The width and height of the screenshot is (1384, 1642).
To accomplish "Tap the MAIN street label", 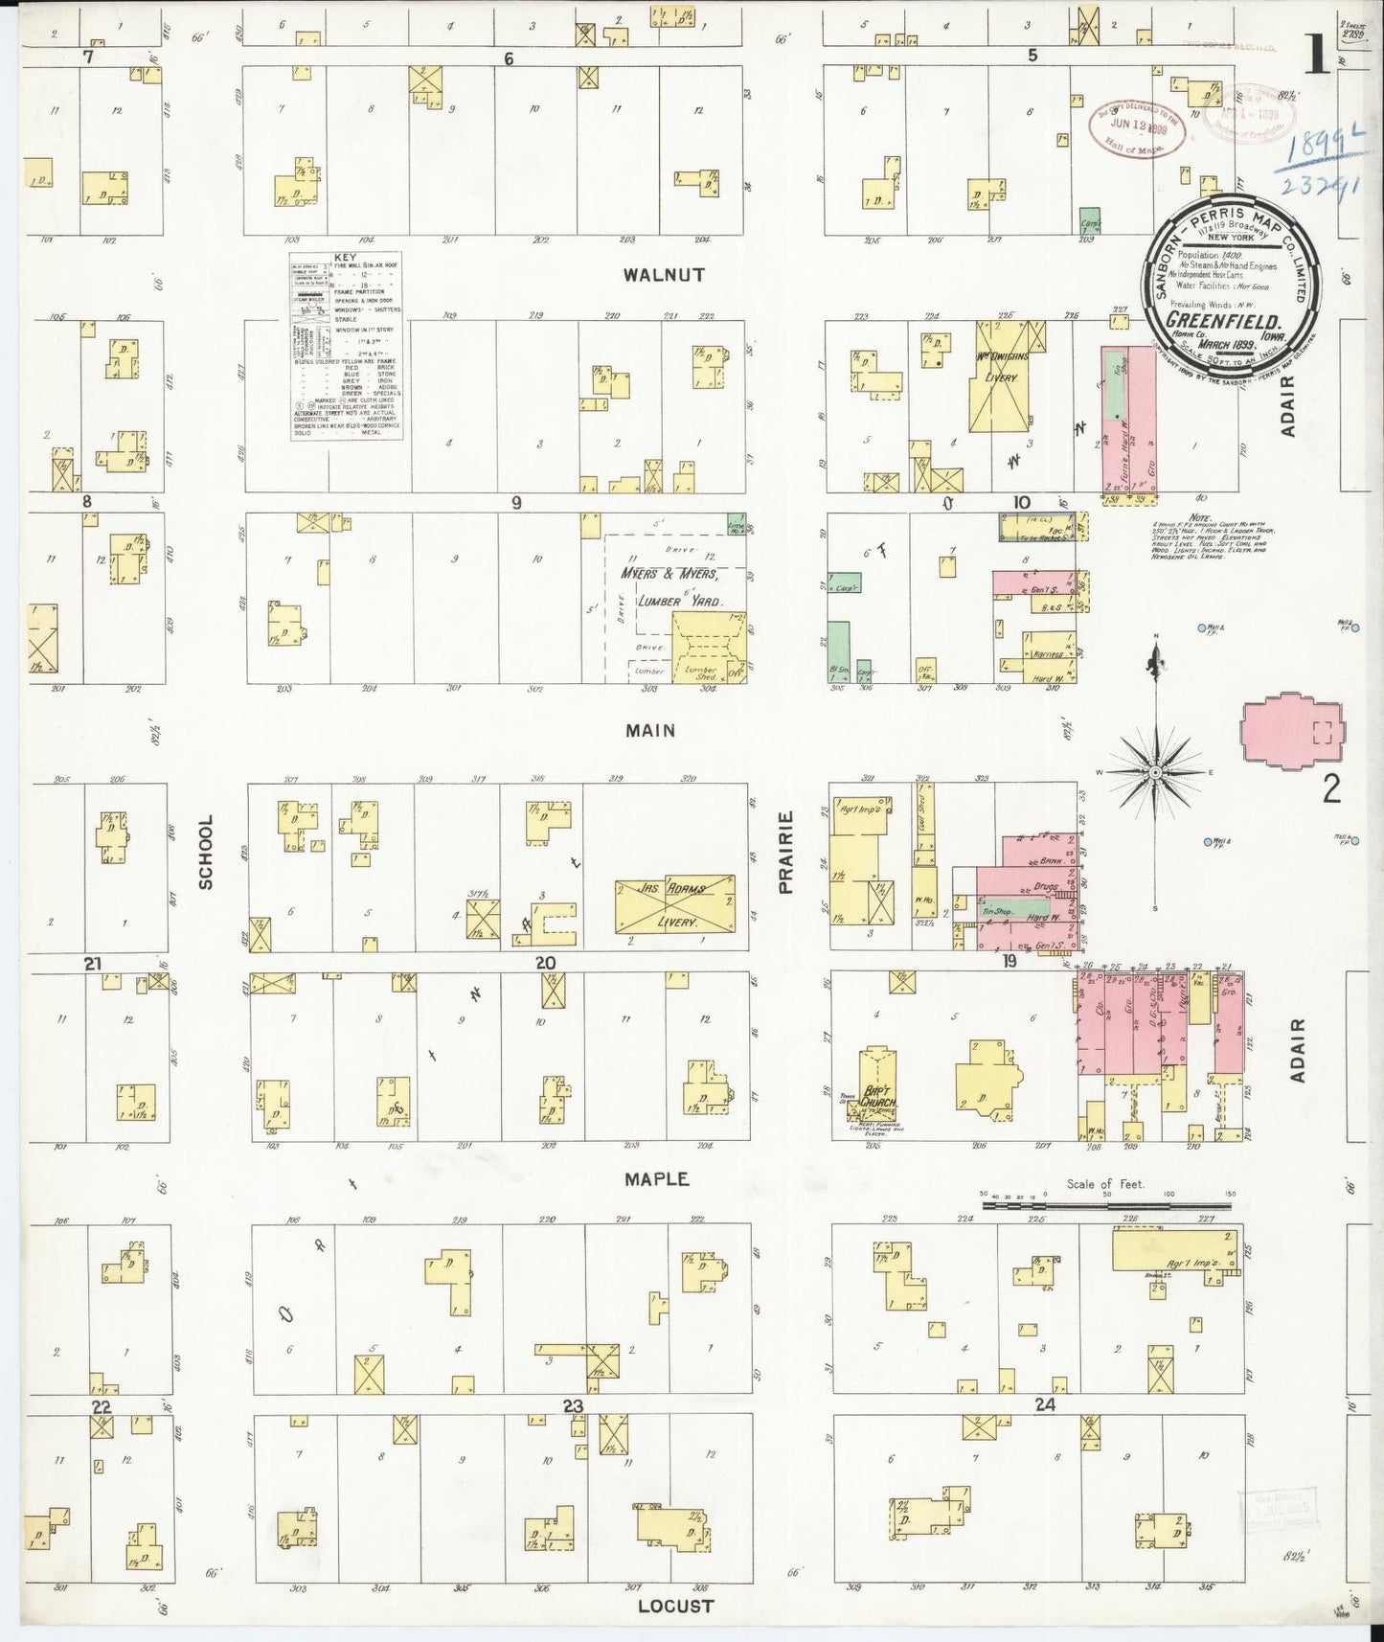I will tap(650, 731).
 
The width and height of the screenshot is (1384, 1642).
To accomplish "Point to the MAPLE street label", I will tap(656, 1179).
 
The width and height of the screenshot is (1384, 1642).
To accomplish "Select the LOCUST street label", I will tap(675, 1606).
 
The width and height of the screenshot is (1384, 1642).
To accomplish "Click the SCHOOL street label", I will tap(206, 852).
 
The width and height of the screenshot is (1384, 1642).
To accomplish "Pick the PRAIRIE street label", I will tap(786, 852).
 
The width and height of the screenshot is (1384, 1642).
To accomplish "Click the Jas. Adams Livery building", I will tap(674, 904).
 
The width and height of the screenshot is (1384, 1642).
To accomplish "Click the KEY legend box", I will tap(345, 346).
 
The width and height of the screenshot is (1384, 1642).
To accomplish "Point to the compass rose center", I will tap(1156, 771).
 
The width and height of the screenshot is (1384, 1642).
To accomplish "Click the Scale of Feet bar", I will tap(1107, 1202).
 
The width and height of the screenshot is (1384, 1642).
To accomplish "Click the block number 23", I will tap(573, 1405).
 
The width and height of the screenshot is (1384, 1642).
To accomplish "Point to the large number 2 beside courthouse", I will tap(1330, 788).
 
